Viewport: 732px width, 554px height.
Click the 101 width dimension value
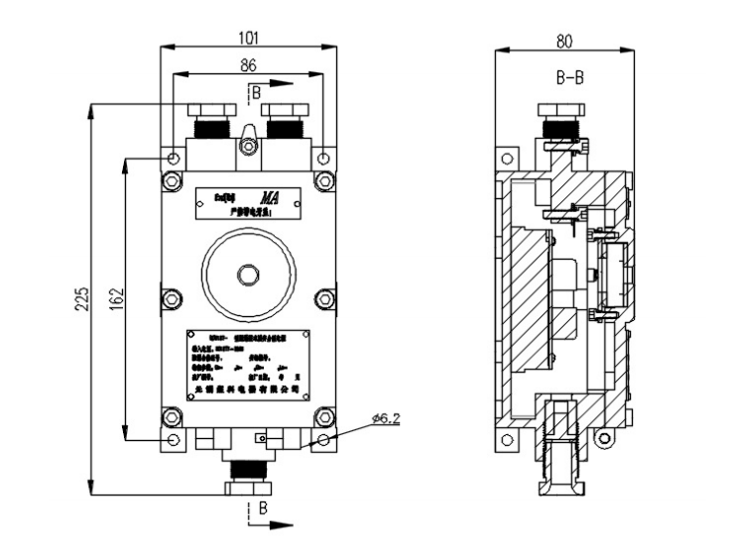tap(249, 38)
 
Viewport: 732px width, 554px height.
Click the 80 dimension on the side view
tap(564, 42)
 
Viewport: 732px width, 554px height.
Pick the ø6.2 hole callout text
tap(383, 420)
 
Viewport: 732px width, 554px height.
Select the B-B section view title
tap(569, 78)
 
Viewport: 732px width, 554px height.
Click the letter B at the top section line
tap(257, 92)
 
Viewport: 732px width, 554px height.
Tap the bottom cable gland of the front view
tap(247, 473)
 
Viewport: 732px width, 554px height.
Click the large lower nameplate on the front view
tap(248, 364)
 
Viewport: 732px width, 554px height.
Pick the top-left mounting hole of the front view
tap(174, 159)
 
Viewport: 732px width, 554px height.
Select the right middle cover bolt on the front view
tap(323, 297)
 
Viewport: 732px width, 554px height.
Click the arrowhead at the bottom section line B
tap(288, 523)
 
